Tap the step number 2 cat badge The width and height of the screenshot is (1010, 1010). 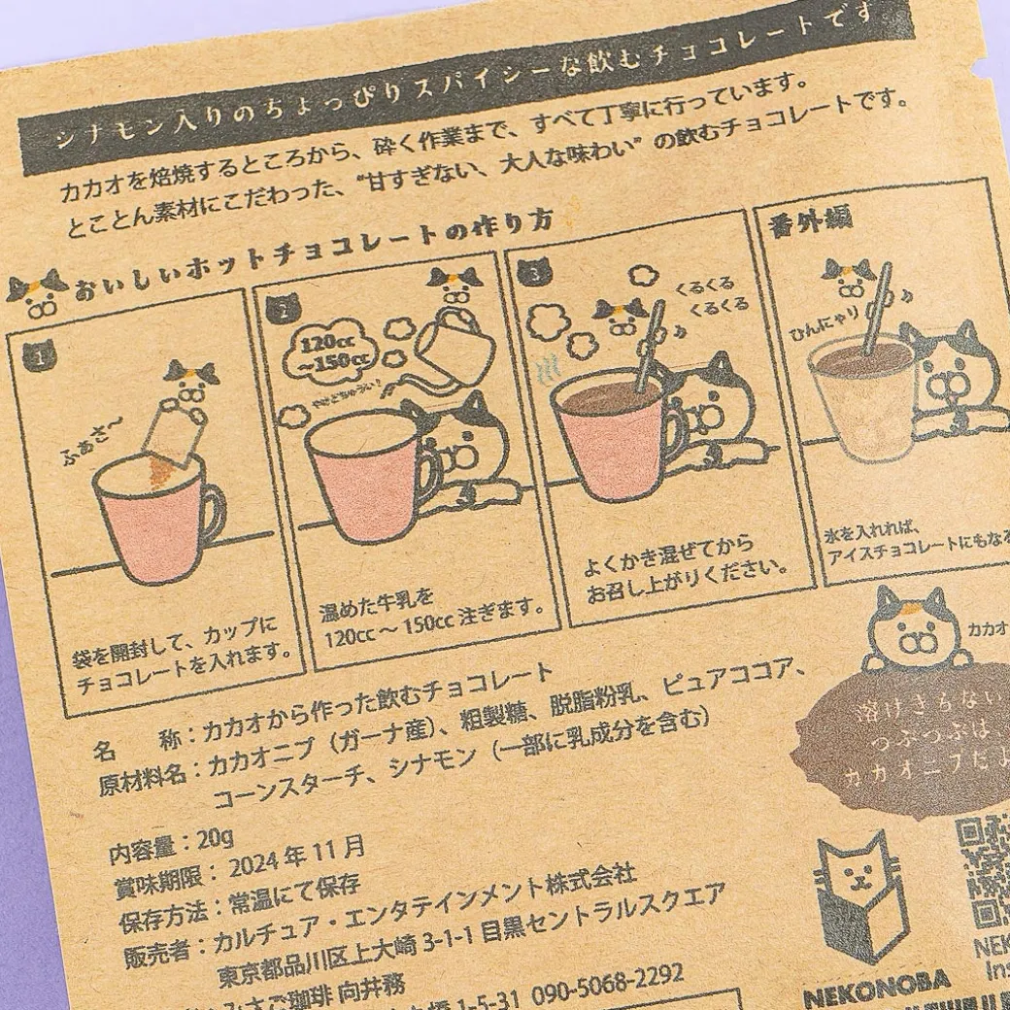pos(283,310)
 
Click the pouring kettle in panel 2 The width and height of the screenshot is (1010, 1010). pos(453,335)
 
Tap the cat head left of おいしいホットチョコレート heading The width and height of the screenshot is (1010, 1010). pos(38,290)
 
